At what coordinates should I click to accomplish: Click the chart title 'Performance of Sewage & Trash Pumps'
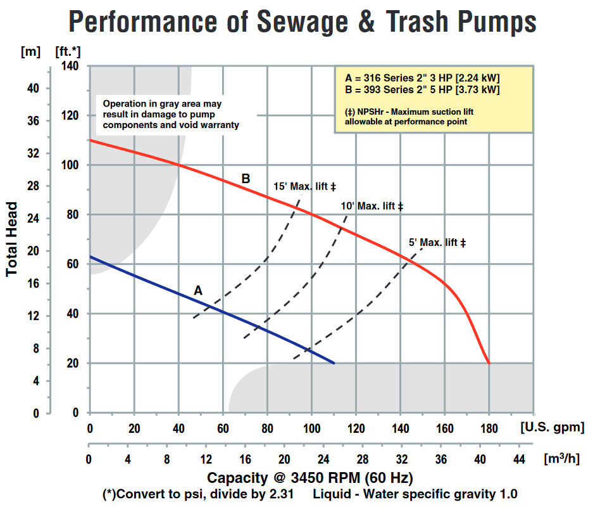302,22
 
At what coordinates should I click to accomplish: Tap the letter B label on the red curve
246,178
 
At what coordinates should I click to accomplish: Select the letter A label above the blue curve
198,290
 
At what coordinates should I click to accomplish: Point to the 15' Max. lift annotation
304,186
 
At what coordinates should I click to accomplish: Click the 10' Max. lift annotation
371,206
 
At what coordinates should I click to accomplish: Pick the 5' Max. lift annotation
437,242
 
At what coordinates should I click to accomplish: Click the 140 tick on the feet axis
70,66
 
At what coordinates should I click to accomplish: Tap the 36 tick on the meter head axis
34,121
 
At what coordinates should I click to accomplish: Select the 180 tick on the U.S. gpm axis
489,428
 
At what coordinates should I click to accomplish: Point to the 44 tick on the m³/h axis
519,459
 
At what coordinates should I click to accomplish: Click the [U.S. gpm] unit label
552,428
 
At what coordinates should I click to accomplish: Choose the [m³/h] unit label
561,459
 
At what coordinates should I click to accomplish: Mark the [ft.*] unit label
68,51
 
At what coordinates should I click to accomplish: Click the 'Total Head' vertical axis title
12,239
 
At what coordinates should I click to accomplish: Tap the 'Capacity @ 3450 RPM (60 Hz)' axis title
309,478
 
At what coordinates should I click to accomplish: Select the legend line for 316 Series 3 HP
422,78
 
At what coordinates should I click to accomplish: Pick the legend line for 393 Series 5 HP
422,90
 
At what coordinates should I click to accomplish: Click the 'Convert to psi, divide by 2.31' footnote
198,494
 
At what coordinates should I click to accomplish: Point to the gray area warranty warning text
171,114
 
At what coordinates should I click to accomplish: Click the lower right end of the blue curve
334,363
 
